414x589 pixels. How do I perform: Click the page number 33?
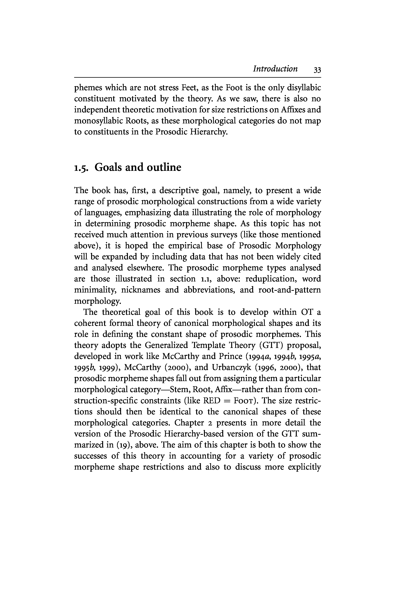point(317,70)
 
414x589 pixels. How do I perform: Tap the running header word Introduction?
point(275,69)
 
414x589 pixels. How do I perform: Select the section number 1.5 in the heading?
point(82,168)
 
